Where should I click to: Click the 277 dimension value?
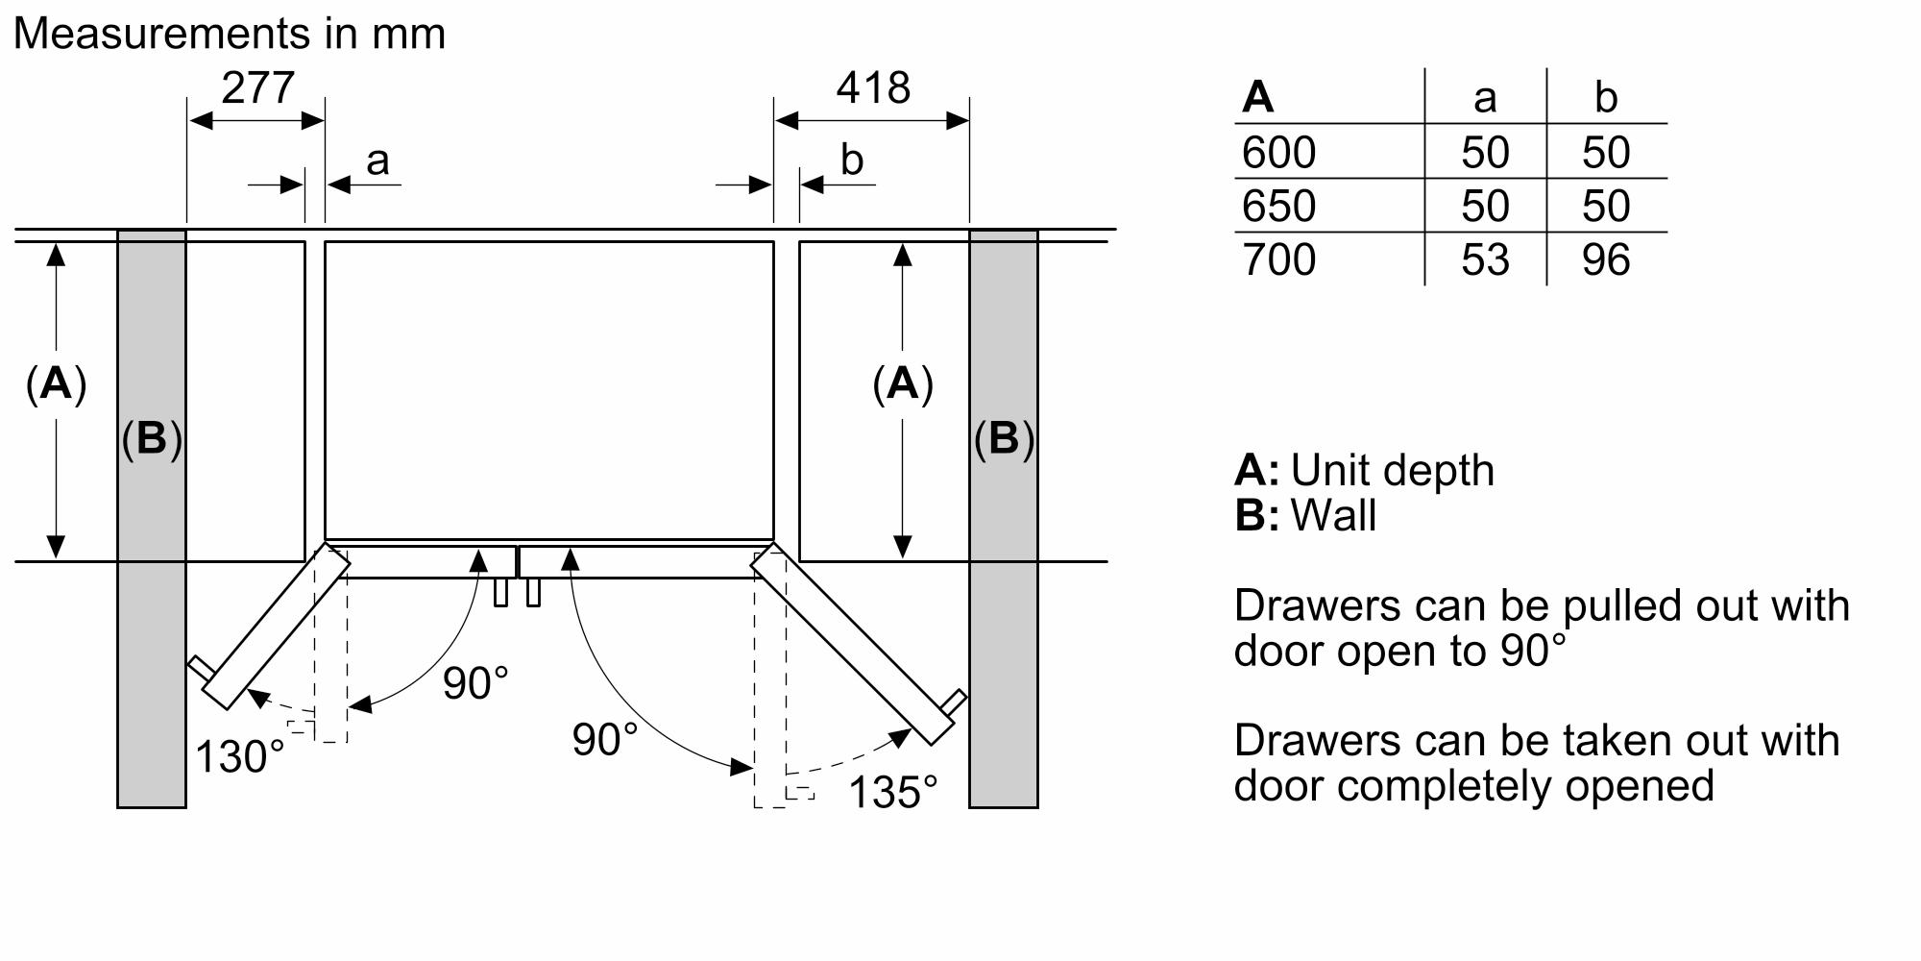257,88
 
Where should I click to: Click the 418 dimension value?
872,88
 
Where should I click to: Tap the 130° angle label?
240,756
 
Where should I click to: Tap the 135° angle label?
893,793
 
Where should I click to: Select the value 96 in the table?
1606,260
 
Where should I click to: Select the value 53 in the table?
1485,260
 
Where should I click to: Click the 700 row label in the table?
1278,260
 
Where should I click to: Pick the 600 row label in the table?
1278,153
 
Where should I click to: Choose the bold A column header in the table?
1258,97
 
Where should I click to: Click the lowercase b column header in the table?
1606,97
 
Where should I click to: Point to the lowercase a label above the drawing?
377,160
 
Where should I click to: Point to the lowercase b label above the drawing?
851,160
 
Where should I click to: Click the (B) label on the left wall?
152,438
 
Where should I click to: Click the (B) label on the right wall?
1004,438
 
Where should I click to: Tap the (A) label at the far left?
56,383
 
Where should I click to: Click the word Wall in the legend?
1333,516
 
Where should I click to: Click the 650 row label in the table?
1278,207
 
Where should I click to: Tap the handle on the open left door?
199,666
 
